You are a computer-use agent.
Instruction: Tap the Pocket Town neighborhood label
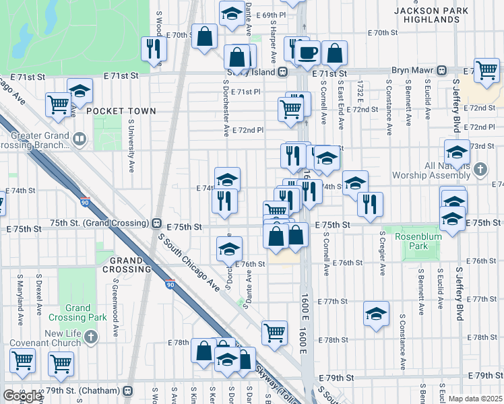coord(121,111)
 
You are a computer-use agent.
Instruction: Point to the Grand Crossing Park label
coord(78,312)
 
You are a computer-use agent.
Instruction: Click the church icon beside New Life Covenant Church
coord(92,336)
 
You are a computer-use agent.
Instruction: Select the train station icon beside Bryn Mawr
coord(442,71)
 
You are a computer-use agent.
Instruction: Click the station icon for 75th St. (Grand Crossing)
coord(156,223)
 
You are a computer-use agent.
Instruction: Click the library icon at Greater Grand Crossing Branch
coord(80,140)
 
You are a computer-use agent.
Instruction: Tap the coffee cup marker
coord(309,52)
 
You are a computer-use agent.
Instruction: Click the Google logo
coord(22,396)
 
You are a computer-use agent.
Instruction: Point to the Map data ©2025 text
coord(476,399)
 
